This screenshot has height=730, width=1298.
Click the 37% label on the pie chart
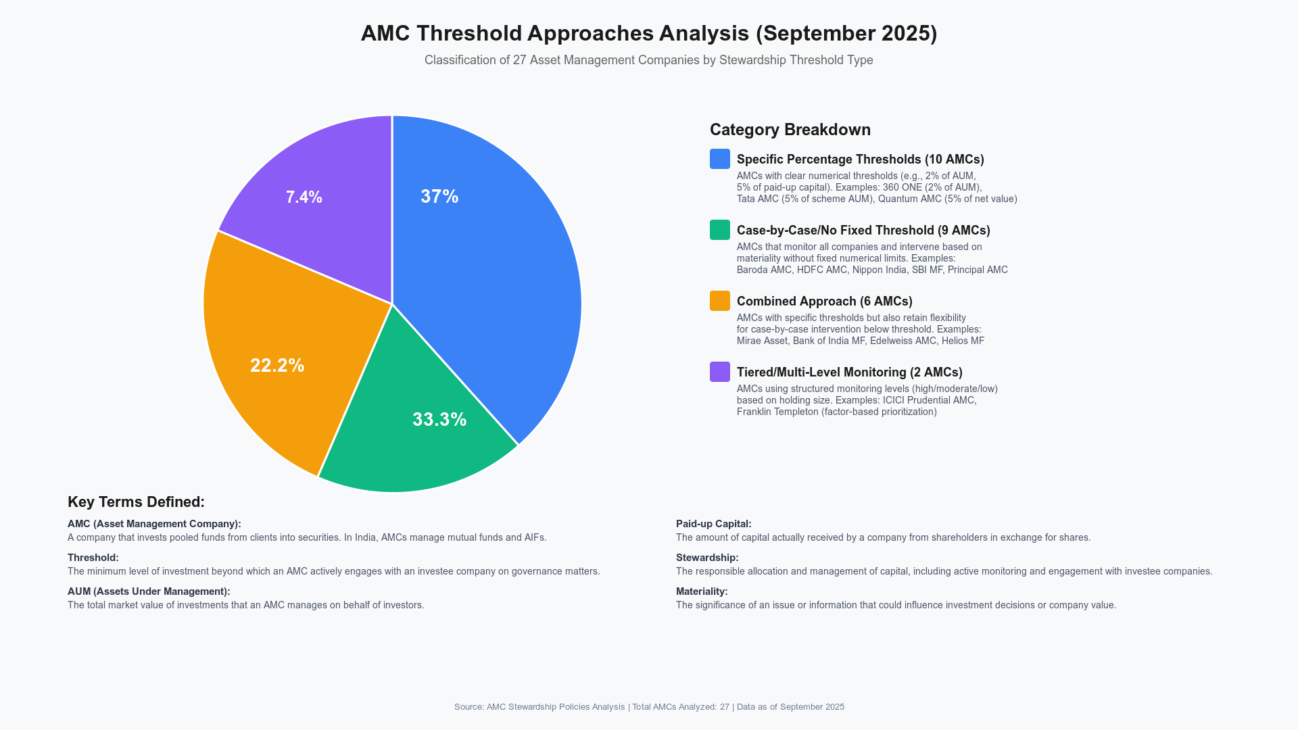439,197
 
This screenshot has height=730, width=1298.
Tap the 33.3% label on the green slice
439,420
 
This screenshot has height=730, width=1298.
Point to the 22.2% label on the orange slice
277,366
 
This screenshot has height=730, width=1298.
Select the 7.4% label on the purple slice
304,197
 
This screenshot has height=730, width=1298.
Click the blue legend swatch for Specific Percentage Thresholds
719,159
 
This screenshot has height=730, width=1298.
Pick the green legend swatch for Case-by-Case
719,230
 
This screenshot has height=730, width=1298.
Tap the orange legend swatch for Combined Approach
719,301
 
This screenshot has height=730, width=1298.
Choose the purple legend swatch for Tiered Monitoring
719,372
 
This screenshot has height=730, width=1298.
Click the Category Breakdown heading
790,130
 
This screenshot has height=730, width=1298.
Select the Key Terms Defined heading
136,502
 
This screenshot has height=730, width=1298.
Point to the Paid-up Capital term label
713,524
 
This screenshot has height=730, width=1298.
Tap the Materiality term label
702,591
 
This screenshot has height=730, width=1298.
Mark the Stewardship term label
707,558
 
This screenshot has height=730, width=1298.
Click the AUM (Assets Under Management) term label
149,591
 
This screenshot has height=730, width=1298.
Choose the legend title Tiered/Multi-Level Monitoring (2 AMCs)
849,372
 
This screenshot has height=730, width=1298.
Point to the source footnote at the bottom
649,707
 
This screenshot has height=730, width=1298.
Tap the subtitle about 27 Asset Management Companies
648,60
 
